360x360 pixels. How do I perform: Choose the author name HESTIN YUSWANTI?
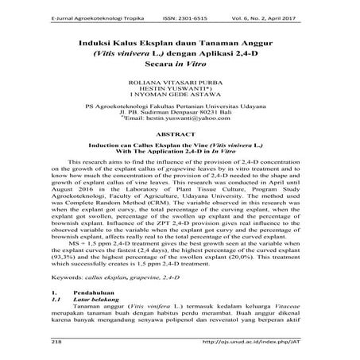click(179, 90)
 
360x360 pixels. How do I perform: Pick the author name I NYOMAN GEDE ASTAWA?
click(179, 97)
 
